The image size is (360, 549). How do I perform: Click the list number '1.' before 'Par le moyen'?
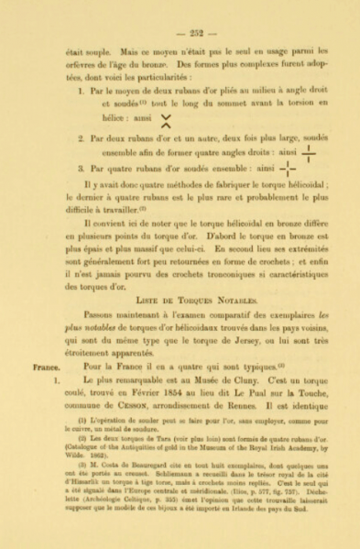[82, 93]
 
